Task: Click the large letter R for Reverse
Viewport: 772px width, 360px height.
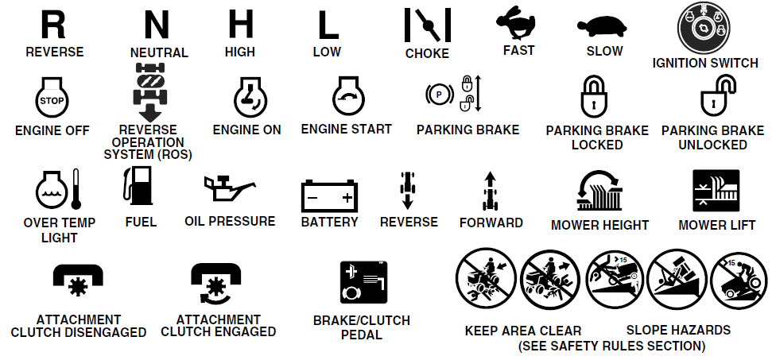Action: click(53, 25)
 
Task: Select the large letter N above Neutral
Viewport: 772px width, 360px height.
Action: click(157, 25)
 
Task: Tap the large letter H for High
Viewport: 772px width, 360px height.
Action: click(240, 25)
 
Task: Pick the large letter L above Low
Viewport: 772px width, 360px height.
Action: click(328, 25)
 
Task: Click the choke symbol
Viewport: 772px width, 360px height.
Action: click(428, 26)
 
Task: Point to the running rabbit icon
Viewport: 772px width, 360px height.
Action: click(518, 23)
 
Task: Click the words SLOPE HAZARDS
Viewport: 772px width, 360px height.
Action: click(678, 330)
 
